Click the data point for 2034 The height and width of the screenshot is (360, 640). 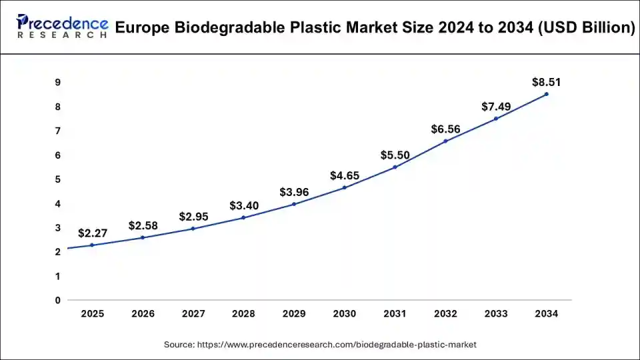click(x=547, y=94)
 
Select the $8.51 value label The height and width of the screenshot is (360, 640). click(x=546, y=83)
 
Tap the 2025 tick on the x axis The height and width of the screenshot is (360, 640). click(x=92, y=313)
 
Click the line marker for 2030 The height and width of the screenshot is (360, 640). click(x=345, y=187)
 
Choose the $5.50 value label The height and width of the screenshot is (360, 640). click(x=395, y=155)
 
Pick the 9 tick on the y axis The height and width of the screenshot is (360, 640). click(x=58, y=82)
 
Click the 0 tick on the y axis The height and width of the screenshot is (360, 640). click(x=58, y=300)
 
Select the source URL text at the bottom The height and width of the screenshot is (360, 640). click(x=320, y=345)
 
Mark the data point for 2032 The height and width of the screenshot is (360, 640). click(x=445, y=141)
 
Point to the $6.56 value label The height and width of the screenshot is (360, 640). click(x=445, y=129)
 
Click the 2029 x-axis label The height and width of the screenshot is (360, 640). click(x=294, y=313)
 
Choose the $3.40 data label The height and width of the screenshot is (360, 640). click(x=243, y=205)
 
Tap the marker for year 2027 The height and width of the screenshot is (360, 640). click(x=193, y=229)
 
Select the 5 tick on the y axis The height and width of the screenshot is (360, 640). click(x=58, y=179)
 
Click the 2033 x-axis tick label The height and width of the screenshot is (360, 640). click(x=496, y=313)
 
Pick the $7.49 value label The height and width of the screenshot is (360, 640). click(x=496, y=107)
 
